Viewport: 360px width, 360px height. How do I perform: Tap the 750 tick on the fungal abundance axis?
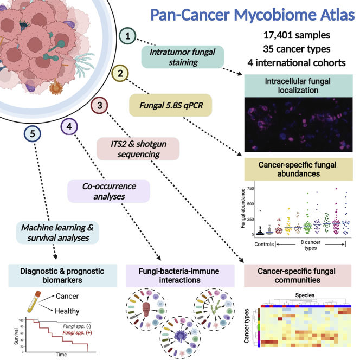point(250,188)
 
